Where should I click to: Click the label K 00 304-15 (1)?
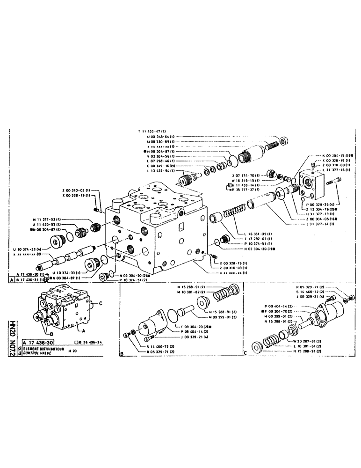pos(336,155)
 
